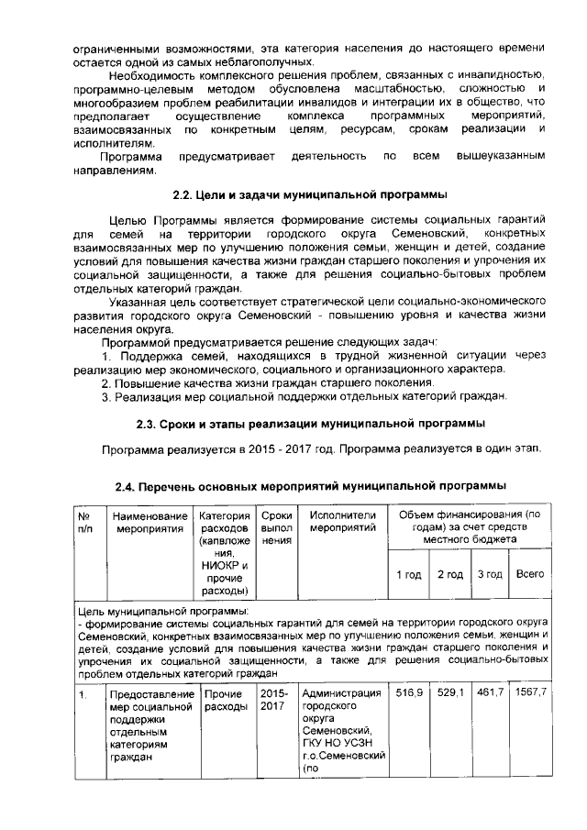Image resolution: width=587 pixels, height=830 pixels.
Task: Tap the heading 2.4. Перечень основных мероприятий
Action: tap(310, 485)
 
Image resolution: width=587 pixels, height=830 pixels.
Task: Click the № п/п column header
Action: tap(84, 522)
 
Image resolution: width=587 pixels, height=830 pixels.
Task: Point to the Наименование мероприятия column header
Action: tap(149, 522)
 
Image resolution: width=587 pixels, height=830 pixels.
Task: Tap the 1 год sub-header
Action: tap(409, 574)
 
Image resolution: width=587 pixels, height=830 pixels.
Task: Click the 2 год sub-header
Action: tap(449, 574)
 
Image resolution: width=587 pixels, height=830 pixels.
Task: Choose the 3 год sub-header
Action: tap(490, 574)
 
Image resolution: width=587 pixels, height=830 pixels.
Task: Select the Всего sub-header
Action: tap(530, 574)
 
